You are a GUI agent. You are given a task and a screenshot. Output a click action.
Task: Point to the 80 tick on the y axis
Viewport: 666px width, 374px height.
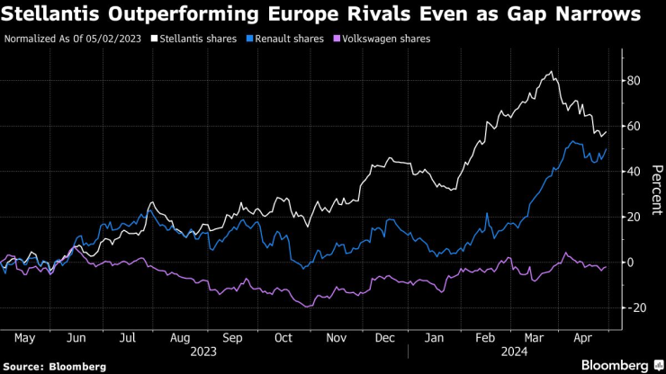(634, 81)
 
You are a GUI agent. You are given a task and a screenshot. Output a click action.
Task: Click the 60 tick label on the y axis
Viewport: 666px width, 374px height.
(634, 126)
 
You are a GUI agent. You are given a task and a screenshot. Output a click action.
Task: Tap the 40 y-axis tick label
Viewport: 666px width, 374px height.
(634, 172)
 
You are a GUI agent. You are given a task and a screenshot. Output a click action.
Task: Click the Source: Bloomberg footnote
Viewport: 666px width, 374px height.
(55, 366)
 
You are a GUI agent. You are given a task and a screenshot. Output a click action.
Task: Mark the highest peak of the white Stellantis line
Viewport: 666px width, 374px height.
(550, 72)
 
